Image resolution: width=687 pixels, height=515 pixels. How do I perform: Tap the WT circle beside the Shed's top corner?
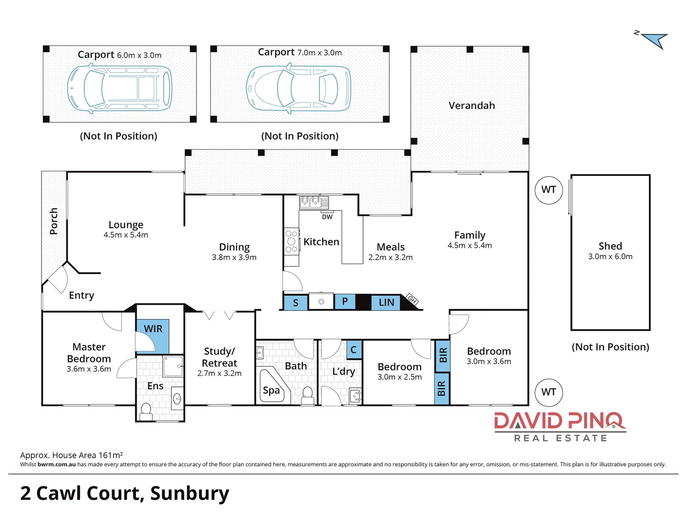coord(549,190)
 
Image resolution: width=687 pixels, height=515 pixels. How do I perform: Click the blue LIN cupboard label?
coord(386,302)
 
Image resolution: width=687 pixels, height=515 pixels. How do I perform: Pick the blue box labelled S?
coord(295,303)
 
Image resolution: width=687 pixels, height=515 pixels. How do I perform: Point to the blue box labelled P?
coord(344,301)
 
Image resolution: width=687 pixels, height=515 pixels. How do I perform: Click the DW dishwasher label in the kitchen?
coord(327,217)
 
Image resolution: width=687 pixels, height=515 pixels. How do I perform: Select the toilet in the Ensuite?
coord(146,411)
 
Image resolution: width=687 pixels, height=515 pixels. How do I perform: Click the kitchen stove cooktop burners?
coord(291,241)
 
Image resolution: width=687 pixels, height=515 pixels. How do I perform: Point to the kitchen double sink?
coord(311,202)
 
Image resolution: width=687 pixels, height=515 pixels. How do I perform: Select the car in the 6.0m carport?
coord(119,89)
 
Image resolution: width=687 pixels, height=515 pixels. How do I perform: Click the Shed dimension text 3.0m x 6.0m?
coord(610,257)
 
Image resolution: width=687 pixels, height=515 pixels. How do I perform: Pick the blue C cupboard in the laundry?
coord(354,350)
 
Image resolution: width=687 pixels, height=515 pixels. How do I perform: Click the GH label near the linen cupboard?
coord(412,299)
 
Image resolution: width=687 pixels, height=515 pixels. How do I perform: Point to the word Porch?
coord(53,221)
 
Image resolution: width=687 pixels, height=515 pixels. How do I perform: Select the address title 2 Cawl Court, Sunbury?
coord(125,493)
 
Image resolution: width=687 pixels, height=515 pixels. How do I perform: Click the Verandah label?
coord(471,106)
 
